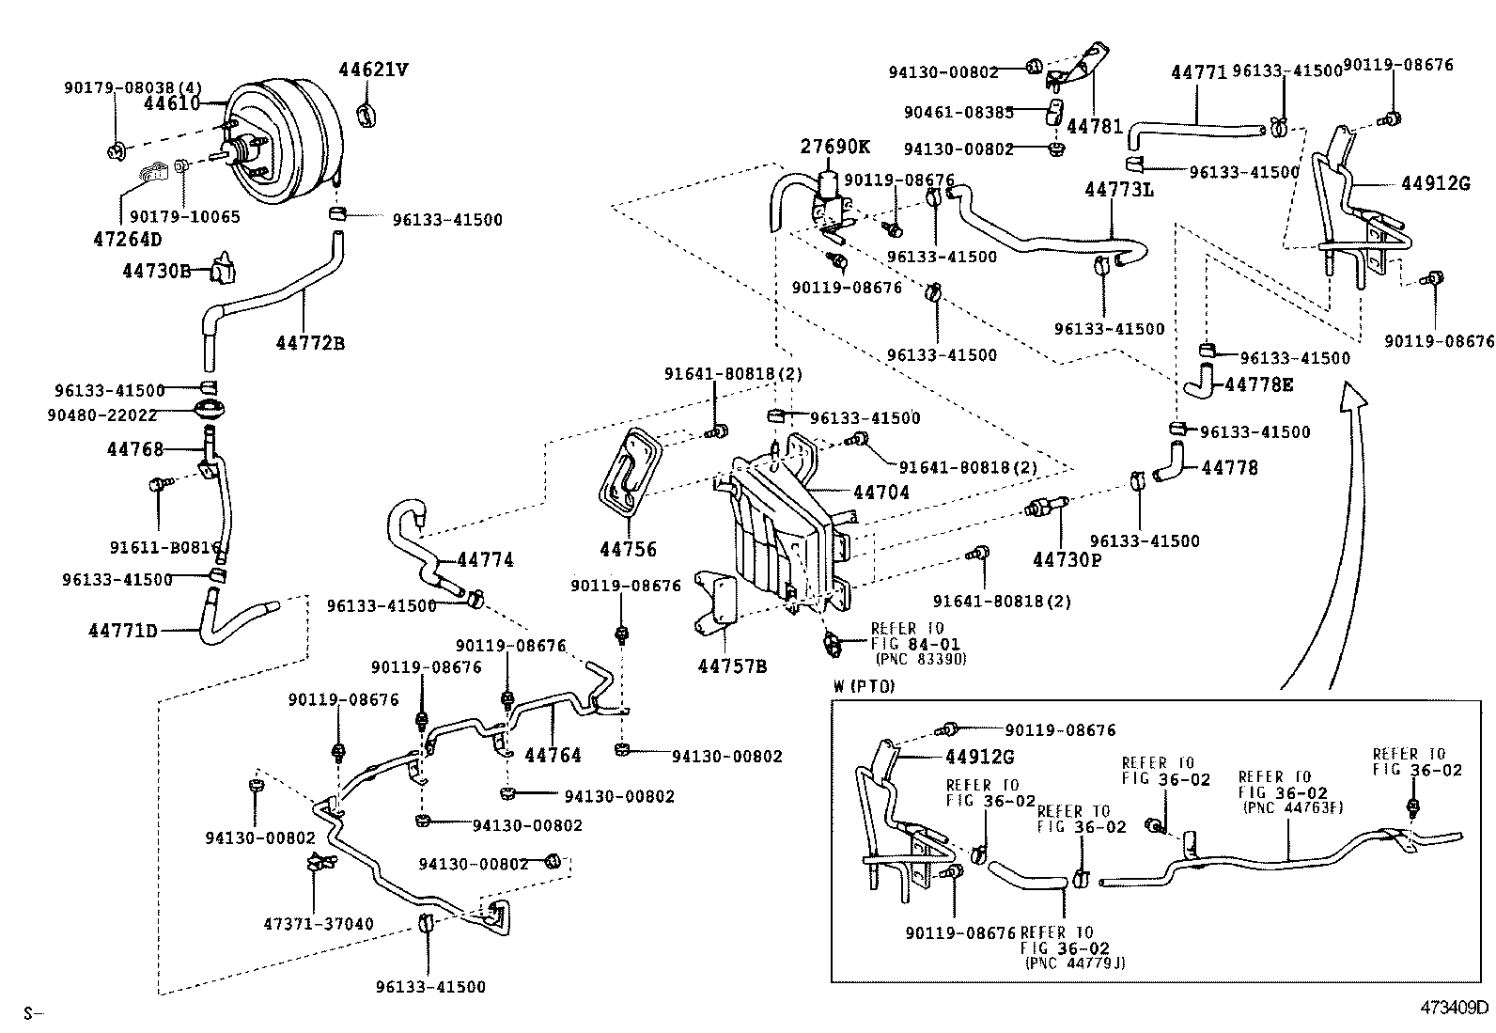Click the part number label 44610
click(172, 103)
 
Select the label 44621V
click(374, 69)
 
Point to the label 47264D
click(129, 239)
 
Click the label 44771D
click(123, 630)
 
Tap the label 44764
click(553, 755)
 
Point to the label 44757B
click(732, 666)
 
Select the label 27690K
click(835, 147)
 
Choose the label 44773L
click(1118, 189)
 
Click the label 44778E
click(1259, 383)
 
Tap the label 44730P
click(1067, 559)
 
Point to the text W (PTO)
click(864, 686)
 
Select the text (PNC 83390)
click(919, 659)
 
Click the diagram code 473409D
click(1454, 1008)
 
